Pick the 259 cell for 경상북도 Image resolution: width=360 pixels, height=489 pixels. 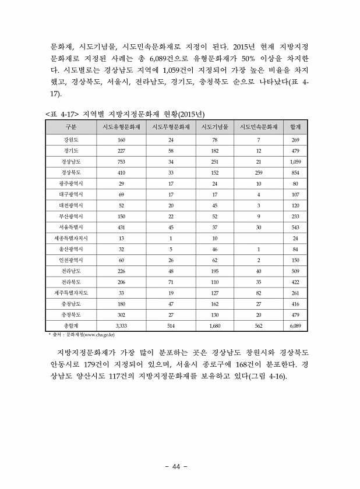[x=259, y=173]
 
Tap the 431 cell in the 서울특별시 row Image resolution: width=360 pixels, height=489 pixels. [x=122, y=228]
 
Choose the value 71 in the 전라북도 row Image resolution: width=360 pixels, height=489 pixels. [x=171, y=282]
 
